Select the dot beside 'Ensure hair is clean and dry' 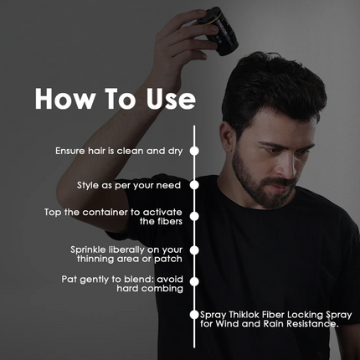coord(194,152)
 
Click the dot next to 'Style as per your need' coord(194,183)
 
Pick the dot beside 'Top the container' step coord(194,217)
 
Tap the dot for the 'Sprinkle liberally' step coord(194,249)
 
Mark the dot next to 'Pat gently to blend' coord(194,281)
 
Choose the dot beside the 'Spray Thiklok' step coord(194,316)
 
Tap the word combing coord(161,287)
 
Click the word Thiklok coord(246,316)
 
